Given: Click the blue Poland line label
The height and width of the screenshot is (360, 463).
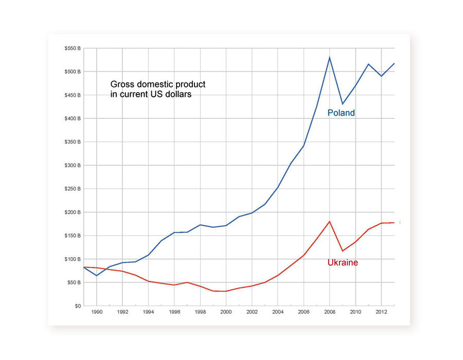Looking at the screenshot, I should (x=341, y=113).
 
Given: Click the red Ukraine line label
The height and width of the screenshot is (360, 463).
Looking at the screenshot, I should (x=343, y=263).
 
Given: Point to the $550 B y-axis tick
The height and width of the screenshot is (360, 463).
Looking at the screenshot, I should (x=72, y=48).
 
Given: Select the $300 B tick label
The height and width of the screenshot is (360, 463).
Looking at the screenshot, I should (x=72, y=166).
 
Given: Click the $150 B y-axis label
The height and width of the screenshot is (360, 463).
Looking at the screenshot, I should (x=72, y=236).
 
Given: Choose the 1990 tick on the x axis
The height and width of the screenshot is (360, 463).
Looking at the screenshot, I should (x=97, y=312).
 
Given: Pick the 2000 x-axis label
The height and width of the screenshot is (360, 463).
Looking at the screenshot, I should (x=226, y=312).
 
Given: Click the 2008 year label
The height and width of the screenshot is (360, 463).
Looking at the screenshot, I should (x=329, y=312).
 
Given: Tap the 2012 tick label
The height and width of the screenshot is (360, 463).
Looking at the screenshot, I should (x=381, y=312).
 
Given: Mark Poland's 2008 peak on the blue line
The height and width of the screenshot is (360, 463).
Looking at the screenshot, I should (x=329, y=57).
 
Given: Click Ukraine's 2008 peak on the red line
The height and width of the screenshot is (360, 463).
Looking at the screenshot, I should (x=329, y=222).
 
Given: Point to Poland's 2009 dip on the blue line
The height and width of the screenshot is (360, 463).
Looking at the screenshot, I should (x=342, y=104).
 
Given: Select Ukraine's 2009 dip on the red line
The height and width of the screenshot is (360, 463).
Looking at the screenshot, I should (x=342, y=251).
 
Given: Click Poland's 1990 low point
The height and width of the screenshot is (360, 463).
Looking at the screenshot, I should (x=97, y=276).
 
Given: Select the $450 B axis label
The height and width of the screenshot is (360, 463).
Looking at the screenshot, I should (x=72, y=95).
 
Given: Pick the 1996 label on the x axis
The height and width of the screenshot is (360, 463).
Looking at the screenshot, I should (x=174, y=312).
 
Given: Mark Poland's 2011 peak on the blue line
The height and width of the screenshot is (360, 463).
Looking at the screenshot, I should (x=368, y=64).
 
